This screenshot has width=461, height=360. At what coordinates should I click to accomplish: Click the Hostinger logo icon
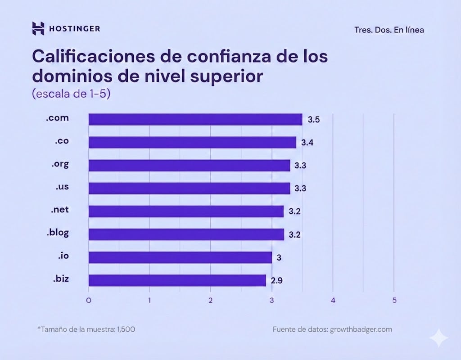[x=38, y=28]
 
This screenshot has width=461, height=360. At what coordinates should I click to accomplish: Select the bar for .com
[x=195, y=119]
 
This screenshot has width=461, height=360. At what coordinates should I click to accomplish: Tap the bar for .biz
[x=177, y=280]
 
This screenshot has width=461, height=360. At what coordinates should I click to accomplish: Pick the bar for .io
[x=180, y=257]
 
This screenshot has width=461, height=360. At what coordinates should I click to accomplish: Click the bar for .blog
[x=186, y=234]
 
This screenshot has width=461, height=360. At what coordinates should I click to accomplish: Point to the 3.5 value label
[x=314, y=120]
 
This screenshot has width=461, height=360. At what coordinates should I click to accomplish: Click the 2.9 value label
[x=276, y=281]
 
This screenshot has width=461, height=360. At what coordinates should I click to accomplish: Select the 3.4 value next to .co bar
[x=307, y=143]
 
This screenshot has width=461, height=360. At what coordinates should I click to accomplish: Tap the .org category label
[x=60, y=164]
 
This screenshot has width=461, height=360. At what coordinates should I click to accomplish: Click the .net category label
[x=60, y=210]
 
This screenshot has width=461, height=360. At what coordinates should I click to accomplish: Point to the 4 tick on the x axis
[x=333, y=300]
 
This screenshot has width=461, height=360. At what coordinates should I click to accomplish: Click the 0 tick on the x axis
[x=89, y=300]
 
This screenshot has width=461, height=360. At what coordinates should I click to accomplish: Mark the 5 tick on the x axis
[x=394, y=300]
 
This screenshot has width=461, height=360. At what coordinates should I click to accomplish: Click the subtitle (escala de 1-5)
[x=71, y=94]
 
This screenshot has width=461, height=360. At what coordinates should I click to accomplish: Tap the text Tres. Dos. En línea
[x=389, y=30]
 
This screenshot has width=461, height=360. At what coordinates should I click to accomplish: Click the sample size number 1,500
[x=126, y=329]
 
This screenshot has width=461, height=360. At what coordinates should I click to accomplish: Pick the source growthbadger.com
[x=361, y=329]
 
